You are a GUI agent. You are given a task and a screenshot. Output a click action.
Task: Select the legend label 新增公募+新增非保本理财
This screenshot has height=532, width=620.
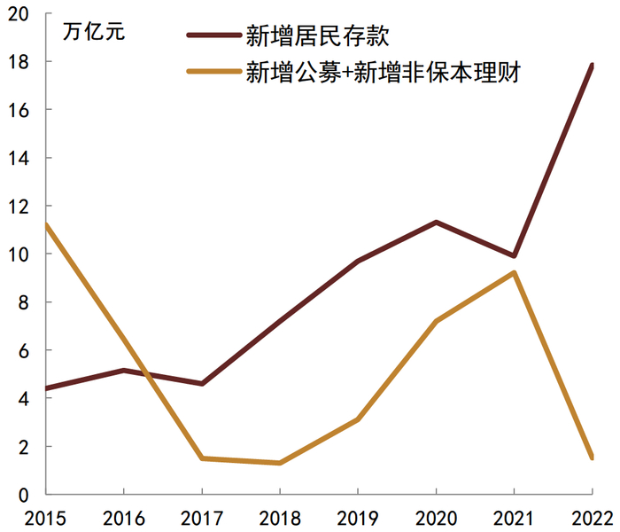(x=382, y=74)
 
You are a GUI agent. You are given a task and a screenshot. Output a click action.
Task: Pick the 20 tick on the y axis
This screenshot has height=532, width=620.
(x=19, y=14)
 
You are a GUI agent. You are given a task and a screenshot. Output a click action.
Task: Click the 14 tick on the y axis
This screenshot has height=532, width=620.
(x=19, y=158)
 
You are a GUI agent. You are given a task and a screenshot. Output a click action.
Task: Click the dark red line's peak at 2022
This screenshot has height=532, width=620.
(x=591, y=66)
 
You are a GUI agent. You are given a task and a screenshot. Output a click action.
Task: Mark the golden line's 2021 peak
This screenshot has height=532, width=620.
(x=514, y=272)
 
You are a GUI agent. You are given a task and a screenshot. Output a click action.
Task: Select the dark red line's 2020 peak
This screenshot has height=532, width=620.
(x=436, y=222)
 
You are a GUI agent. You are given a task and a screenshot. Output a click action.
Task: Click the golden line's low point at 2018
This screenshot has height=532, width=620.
(x=280, y=463)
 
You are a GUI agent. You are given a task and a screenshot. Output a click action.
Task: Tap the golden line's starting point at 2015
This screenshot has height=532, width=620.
(x=46, y=224)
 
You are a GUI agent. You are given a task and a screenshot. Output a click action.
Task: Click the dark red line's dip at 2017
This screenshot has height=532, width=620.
(x=202, y=383)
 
